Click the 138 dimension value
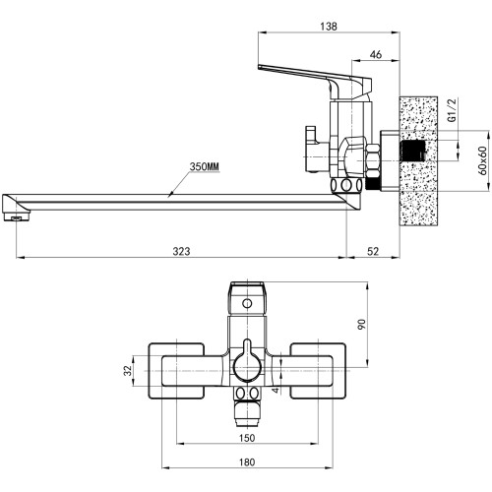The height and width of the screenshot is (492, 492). pos(329,27)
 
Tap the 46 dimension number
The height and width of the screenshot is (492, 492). pos(376,54)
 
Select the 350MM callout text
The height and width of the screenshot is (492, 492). pos(204,166)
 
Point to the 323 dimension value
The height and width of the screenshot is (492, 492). pos(181,251)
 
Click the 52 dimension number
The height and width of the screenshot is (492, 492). pos(373,251)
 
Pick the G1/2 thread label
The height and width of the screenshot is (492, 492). pos(453,110)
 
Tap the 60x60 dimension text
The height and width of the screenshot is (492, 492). pos(482,160)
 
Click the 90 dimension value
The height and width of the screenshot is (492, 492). pos(361,324)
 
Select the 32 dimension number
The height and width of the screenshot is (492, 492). pos(128,371)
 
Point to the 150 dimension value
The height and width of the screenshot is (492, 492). pos(247,438)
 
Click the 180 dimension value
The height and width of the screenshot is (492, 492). pos(247,462)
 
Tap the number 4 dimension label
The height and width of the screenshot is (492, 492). pos(276,390)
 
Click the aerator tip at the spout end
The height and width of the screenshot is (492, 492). pos(17,217)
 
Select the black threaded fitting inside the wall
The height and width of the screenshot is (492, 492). pos(412,151)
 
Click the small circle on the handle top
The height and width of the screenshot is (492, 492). pos(247,303)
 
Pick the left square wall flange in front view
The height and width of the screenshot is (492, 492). pos(176,371)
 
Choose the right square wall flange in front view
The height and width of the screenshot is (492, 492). pos(318,371)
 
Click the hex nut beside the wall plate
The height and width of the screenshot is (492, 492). pos(373,161)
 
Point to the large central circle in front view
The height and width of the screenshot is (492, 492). pos(247,369)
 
